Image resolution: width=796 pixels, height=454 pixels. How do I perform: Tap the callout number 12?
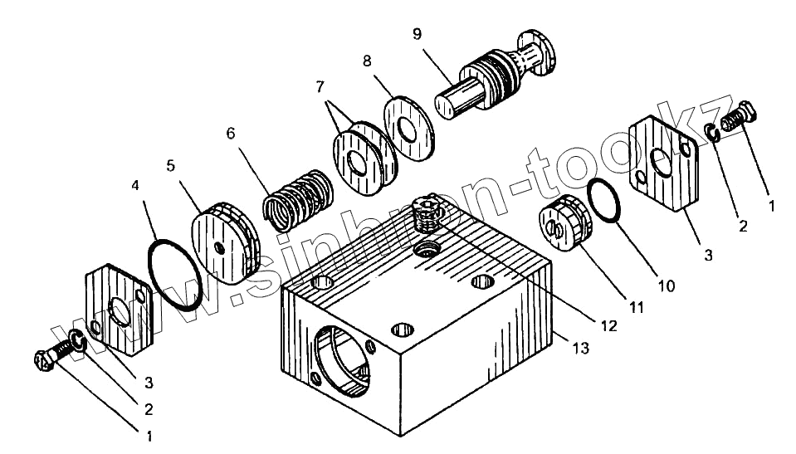click(x=610, y=326)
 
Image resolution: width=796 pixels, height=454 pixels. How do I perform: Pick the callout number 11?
click(x=636, y=307)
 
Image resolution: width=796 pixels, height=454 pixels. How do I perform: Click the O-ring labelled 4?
click(x=173, y=275)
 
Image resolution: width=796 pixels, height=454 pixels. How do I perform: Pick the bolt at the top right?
click(x=737, y=116)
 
